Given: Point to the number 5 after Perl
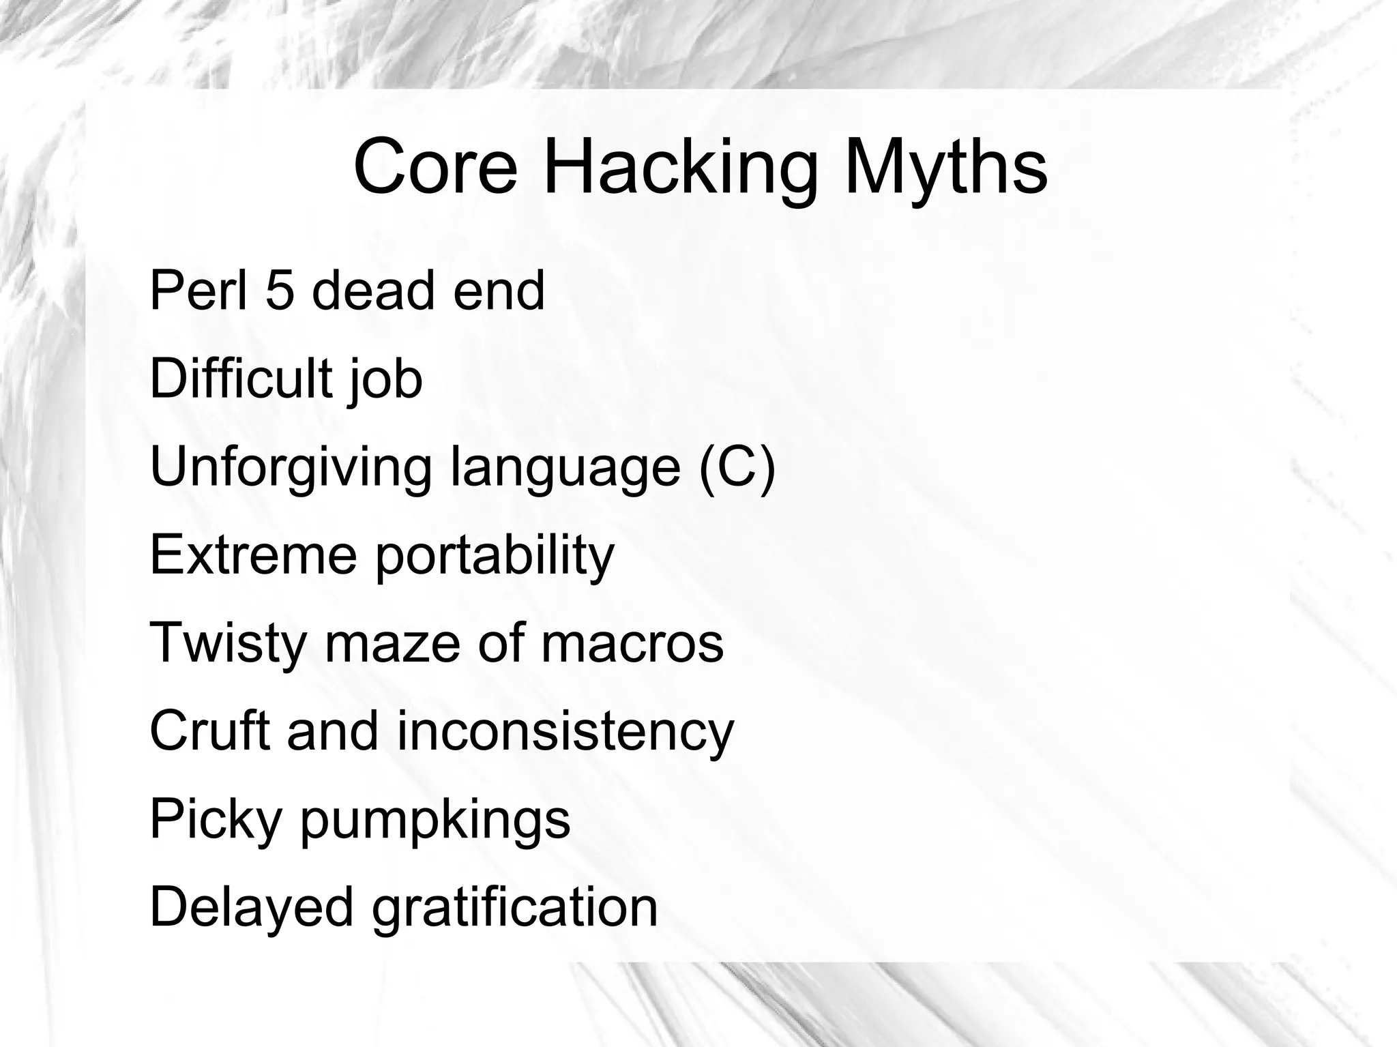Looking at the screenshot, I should tap(280, 291).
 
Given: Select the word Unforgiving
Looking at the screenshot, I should tap(291, 469).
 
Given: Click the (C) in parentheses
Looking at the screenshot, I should tap(737, 467).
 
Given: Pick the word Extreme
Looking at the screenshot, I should tap(253, 555).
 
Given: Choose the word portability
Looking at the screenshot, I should tap(495, 557).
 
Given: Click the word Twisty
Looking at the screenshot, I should tap(228, 644).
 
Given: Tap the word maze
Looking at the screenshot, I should tap(392, 644).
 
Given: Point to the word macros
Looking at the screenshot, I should tap(632, 644).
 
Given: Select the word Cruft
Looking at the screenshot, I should tap(209, 731).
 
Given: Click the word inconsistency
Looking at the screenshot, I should tap(565, 732).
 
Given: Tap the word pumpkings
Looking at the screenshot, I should tap(435, 821).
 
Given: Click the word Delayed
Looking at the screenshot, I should tap(252, 908).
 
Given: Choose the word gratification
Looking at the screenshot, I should tap(515, 908).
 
